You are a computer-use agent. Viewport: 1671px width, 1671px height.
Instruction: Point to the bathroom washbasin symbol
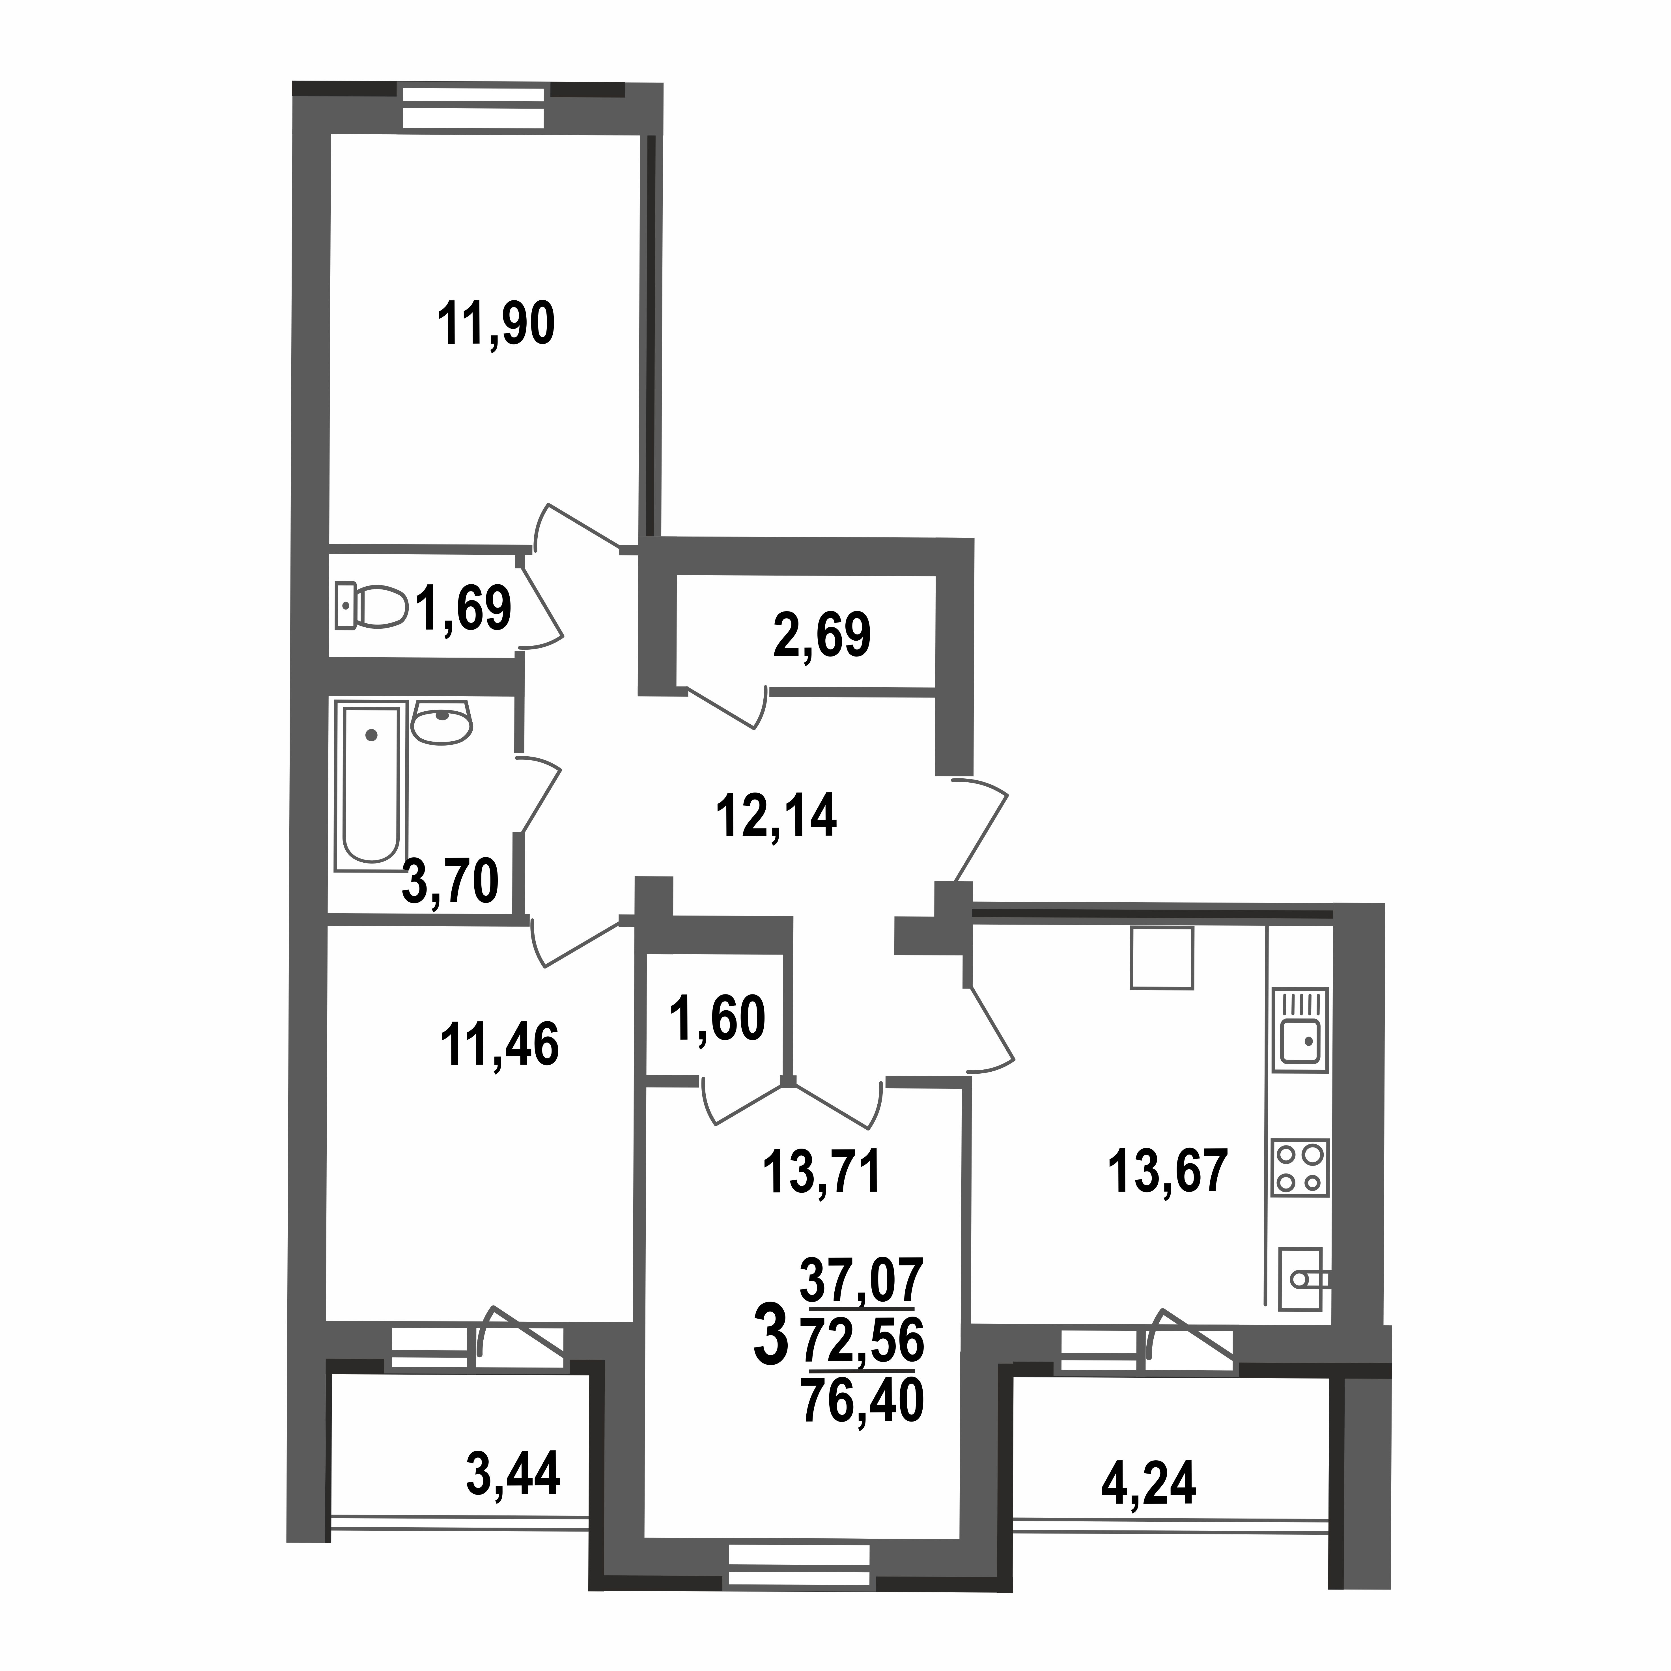click(x=442, y=721)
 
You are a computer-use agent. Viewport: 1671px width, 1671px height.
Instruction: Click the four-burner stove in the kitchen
click(x=1299, y=1167)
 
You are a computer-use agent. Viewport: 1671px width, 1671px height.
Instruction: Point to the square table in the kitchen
click(x=1162, y=957)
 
